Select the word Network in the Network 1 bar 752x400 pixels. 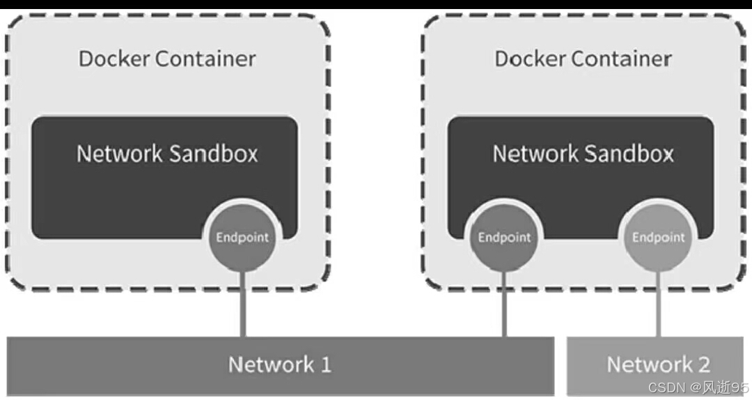271,364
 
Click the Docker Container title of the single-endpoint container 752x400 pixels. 167,59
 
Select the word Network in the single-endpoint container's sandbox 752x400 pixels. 119,153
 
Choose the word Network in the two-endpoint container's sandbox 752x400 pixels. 535,153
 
